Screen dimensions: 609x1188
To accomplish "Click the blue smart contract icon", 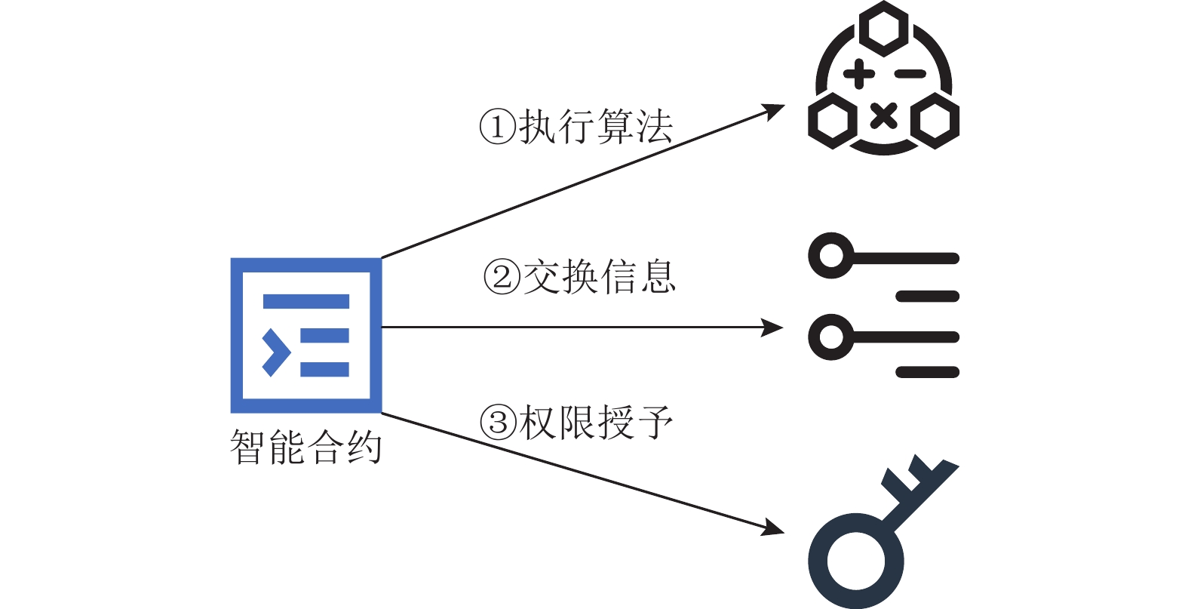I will pyautogui.click(x=305, y=335).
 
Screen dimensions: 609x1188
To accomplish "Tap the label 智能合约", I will pyautogui.click(x=305, y=448).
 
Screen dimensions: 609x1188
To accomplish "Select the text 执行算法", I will pyautogui.click(x=596, y=127).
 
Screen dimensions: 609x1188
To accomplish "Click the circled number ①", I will pyautogui.click(x=498, y=127).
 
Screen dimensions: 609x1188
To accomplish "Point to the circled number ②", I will pyautogui.click(x=502, y=276).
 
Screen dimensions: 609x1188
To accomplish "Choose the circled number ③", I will pyautogui.click(x=499, y=423).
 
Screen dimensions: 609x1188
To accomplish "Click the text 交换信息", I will pyautogui.click(x=600, y=276).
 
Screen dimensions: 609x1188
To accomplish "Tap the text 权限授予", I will pyautogui.click(x=597, y=423).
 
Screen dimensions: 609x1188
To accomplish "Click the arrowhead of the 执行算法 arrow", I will pyautogui.click(x=774, y=111).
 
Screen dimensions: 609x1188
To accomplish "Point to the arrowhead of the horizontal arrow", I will pyautogui.click(x=774, y=328).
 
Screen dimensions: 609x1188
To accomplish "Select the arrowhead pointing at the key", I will pyautogui.click(x=774, y=528).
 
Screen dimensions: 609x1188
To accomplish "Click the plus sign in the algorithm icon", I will pyautogui.click(x=858, y=74).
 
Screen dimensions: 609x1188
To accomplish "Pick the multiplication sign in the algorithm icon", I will pyautogui.click(x=883, y=116).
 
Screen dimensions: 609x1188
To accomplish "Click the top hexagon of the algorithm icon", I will pyautogui.click(x=883, y=29).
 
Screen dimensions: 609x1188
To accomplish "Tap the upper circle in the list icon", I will pyautogui.click(x=831, y=256).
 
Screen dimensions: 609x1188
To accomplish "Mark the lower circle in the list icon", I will pyautogui.click(x=831, y=337).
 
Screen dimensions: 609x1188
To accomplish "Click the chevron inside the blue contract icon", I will pyautogui.click(x=276, y=352).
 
